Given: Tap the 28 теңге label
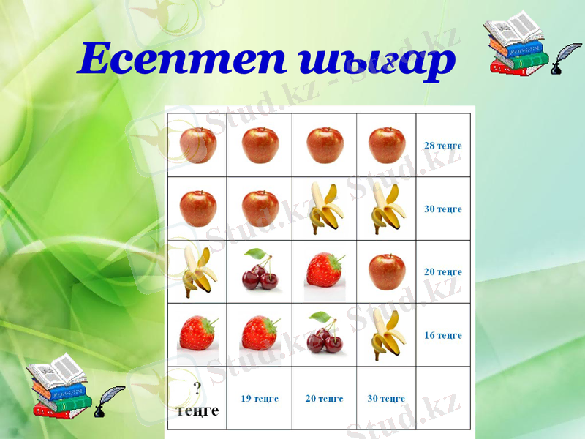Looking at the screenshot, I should point(443,146).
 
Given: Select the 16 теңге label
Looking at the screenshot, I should point(443,335).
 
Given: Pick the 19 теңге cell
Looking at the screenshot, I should point(260,399).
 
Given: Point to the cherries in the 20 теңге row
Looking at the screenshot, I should point(260,270).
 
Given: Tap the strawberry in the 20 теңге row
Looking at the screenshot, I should point(324,269).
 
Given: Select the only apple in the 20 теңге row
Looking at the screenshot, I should point(387,271).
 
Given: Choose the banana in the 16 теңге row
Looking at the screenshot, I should point(385,334).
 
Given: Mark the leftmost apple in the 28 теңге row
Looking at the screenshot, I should point(198,144).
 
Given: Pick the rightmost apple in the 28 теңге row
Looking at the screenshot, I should point(387,144).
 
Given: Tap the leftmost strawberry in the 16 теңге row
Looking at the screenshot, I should point(197,333).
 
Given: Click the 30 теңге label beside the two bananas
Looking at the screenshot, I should point(443,209).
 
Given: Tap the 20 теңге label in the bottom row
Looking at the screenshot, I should point(324,399).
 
